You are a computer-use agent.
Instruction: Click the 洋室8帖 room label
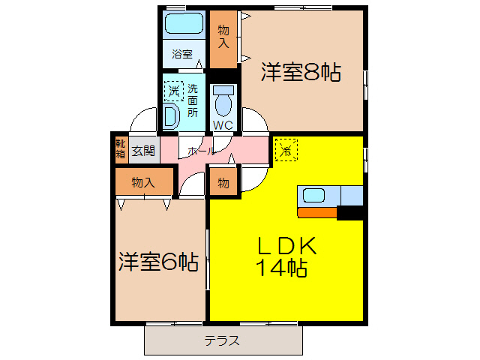point(301,73)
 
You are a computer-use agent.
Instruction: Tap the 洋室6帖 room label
point(158,262)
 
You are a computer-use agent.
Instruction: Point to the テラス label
point(222,340)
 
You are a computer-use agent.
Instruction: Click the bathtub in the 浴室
point(184,24)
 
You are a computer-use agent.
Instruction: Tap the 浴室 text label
point(182,54)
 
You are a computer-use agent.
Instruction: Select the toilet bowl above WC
point(223,101)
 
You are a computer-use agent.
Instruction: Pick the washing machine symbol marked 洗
point(174,91)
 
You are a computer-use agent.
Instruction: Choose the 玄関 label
point(143,150)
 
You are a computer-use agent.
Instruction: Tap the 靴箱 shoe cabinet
point(121,148)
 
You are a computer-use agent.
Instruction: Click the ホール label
point(200,151)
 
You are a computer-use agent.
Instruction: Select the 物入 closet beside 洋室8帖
point(223,37)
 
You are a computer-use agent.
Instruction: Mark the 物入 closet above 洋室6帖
point(142,182)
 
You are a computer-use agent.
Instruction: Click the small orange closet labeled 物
point(223,182)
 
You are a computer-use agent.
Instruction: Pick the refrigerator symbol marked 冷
point(286,149)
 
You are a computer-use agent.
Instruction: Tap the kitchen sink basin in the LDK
point(313,196)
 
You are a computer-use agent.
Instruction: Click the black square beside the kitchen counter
point(350,213)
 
